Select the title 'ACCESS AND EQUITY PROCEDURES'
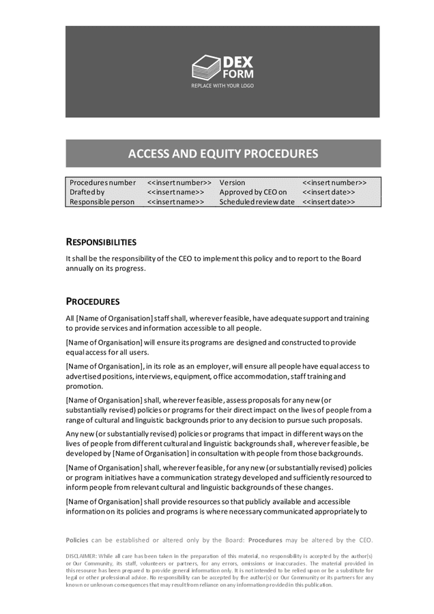point(222,153)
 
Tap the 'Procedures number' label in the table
point(102,183)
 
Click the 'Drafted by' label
point(87,192)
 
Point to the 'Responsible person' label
point(102,202)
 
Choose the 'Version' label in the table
point(232,183)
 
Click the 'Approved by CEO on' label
point(252,192)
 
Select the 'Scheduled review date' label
point(257,202)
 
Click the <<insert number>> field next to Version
point(334,183)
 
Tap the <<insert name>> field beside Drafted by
point(175,192)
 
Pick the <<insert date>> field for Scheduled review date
point(328,202)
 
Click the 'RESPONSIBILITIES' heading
point(100,242)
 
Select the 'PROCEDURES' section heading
point(93,301)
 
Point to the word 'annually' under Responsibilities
point(82,268)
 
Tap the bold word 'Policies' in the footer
point(76,540)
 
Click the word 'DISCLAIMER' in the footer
point(80,556)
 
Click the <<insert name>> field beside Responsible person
point(175,202)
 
